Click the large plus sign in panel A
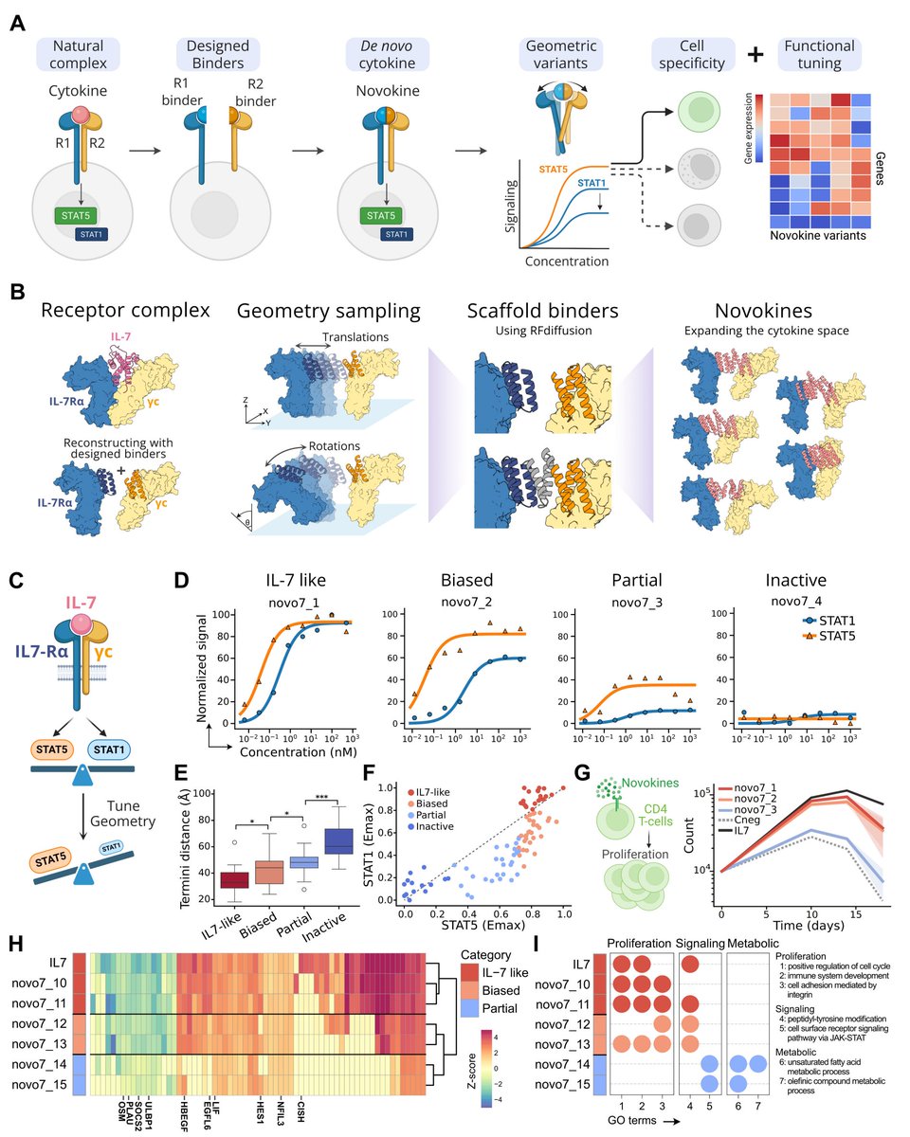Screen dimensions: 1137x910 coord(755,55)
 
